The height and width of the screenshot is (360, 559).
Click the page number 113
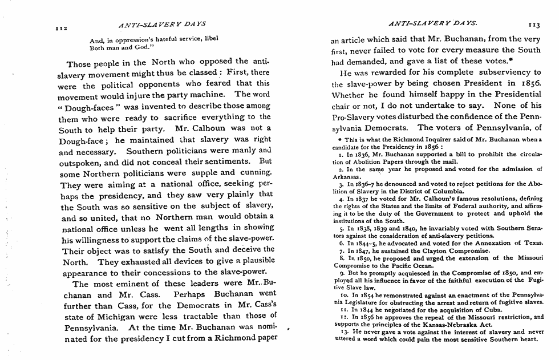[x=533, y=26]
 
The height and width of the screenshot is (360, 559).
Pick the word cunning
[x=253, y=172]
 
